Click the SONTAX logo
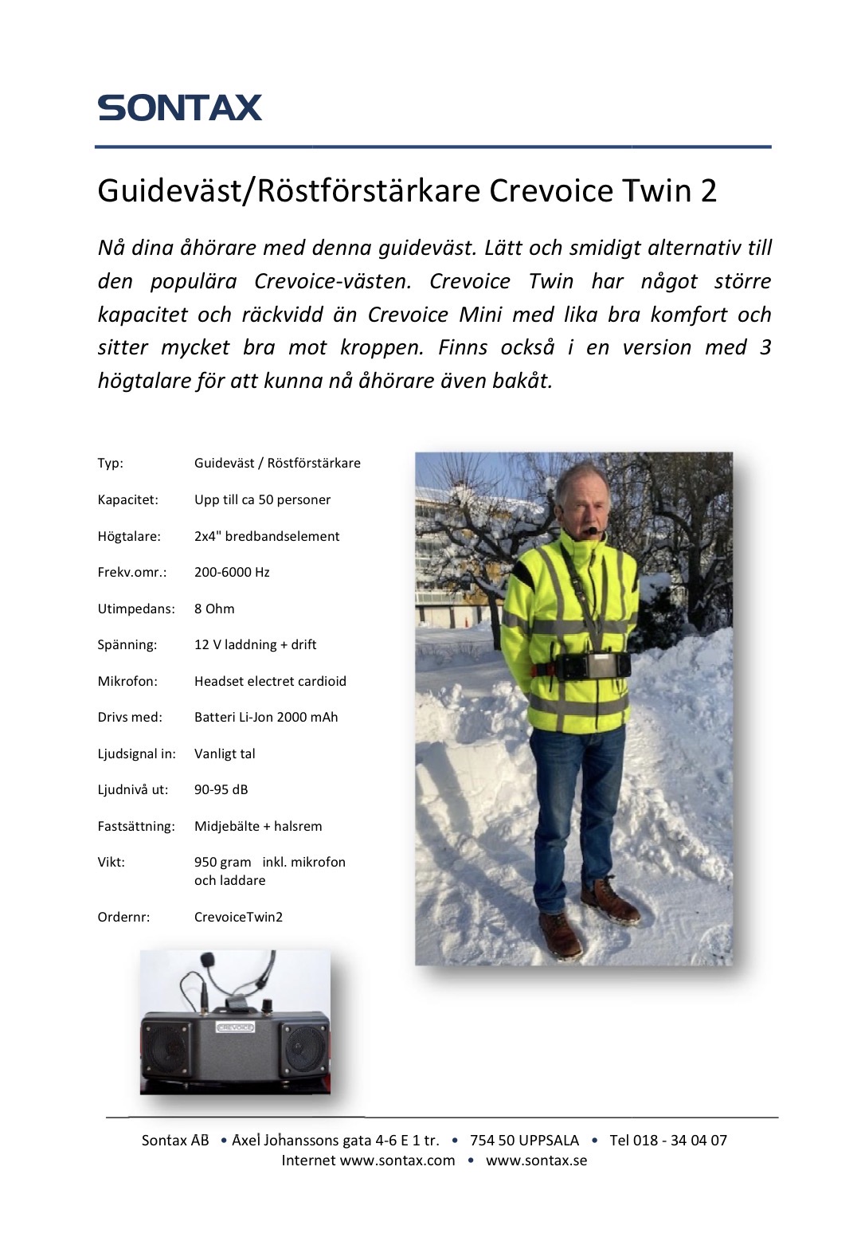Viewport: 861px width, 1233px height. tap(180, 108)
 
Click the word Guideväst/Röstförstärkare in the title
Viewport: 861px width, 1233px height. tap(288, 191)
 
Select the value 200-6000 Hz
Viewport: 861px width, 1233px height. tap(232, 572)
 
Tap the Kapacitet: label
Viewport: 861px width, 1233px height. tap(128, 499)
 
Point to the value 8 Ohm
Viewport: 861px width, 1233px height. tap(214, 609)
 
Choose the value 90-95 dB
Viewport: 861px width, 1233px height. tap(221, 789)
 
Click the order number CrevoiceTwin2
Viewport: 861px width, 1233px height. tap(238, 917)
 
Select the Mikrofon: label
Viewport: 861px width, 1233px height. tap(127, 681)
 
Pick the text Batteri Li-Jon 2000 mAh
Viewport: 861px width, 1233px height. tap(266, 717)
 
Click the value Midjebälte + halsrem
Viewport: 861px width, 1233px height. tap(258, 826)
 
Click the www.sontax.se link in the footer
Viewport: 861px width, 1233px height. tap(536, 1161)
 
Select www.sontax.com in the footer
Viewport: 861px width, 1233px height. tap(397, 1161)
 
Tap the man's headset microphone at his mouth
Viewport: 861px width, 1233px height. tap(591, 530)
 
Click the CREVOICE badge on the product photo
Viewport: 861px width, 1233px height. tap(236, 1027)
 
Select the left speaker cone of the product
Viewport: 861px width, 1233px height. tap(166, 1048)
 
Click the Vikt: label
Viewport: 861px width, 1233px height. tap(112, 862)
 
